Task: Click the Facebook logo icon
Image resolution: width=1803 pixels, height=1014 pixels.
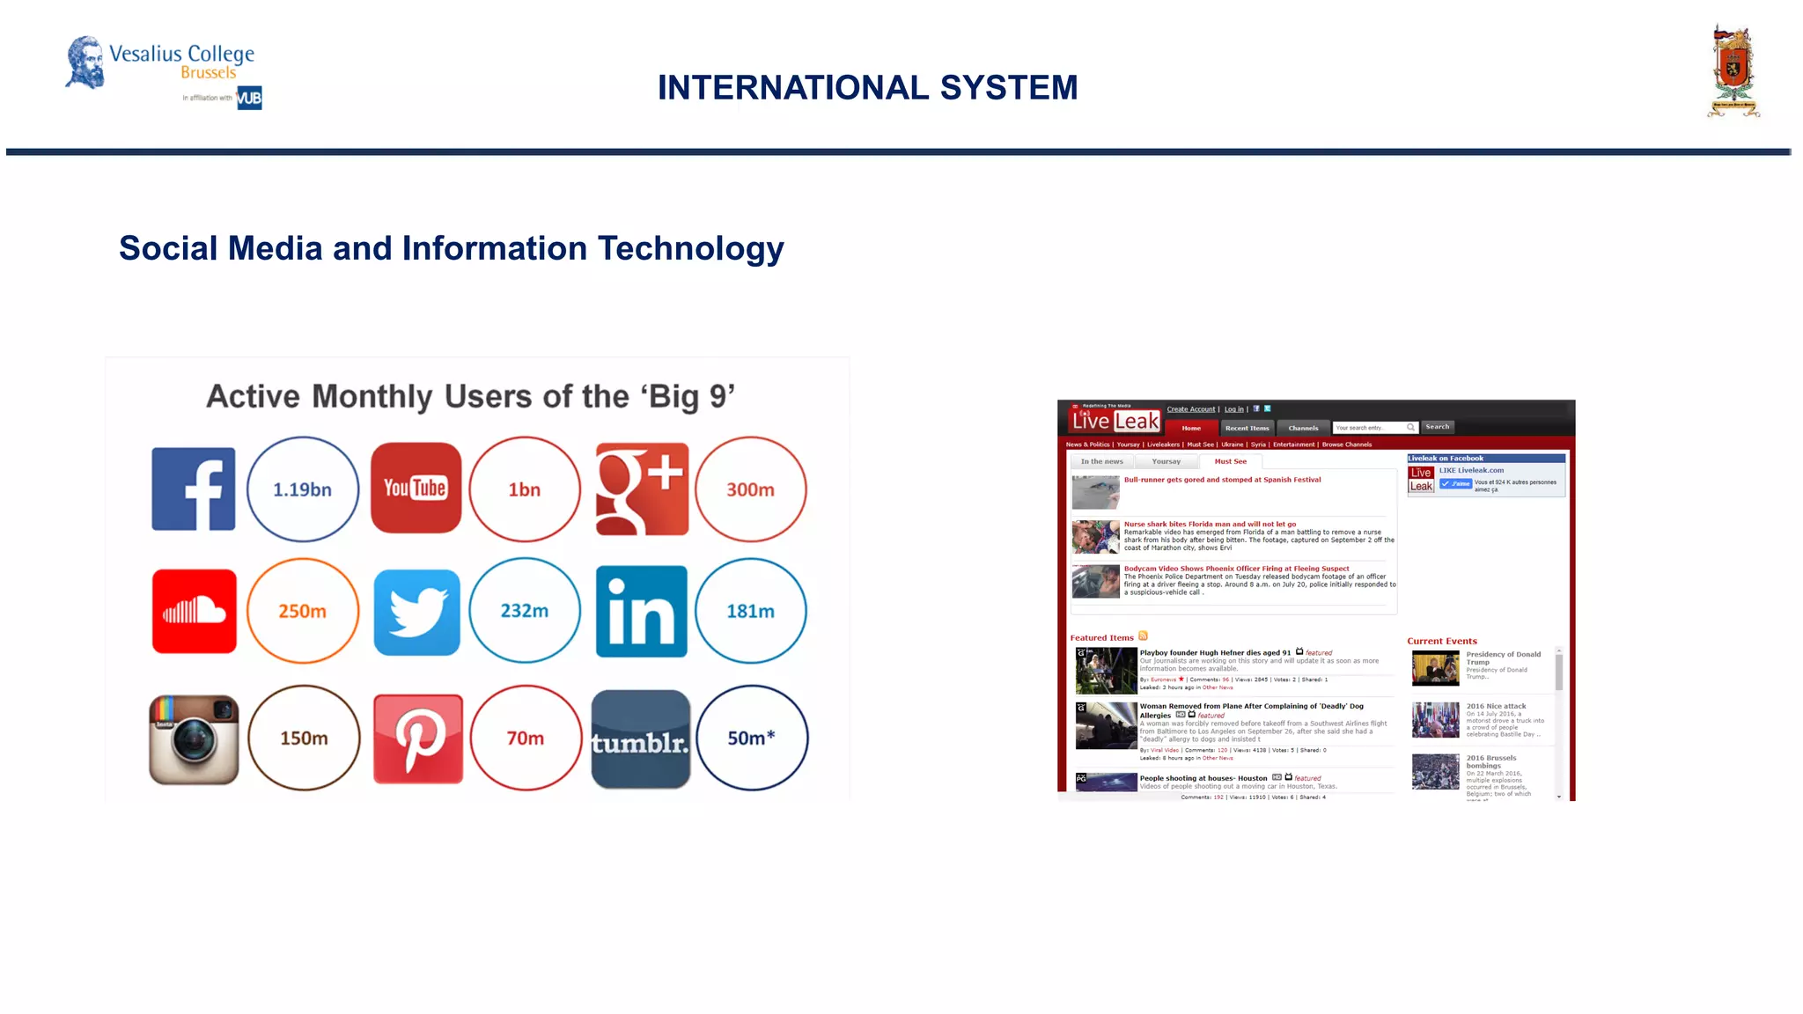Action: [x=194, y=489]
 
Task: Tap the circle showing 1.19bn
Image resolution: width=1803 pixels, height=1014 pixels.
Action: [x=302, y=489]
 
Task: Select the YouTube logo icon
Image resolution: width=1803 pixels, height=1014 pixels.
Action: [x=416, y=488]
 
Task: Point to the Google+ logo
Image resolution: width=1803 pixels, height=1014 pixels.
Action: [x=642, y=489]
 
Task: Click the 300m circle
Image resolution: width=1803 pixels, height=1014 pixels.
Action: [x=750, y=489]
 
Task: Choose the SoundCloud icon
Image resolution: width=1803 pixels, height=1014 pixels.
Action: [x=194, y=611]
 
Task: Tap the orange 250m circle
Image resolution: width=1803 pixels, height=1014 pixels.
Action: [x=302, y=611]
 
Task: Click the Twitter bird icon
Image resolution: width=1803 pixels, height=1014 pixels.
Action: [x=416, y=612]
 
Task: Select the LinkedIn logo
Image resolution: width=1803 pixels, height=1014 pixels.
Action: [x=642, y=611]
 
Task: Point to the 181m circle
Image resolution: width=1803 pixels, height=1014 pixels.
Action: [x=750, y=611]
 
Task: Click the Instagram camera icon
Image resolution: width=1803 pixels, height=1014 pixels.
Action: [x=194, y=739]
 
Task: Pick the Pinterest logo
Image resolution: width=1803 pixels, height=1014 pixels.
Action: [x=417, y=738]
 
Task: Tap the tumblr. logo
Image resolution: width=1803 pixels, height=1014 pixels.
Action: [x=641, y=740]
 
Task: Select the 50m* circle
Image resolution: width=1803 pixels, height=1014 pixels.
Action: [x=751, y=738]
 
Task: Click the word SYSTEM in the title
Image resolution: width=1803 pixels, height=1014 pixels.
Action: [x=1008, y=88]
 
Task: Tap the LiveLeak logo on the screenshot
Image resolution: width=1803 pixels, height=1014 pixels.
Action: [x=1115, y=421]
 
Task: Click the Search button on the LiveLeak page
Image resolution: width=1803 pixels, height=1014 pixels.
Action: [x=1437, y=427]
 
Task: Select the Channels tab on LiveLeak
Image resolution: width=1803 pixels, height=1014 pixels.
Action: [x=1303, y=429]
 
